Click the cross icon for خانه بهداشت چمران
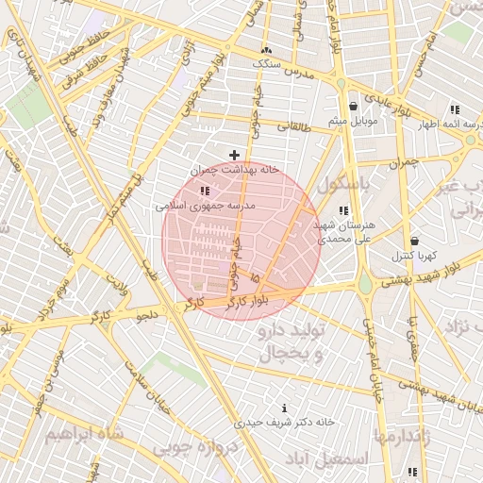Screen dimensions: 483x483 tap(234, 154)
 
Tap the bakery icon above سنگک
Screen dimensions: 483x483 tap(266, 49)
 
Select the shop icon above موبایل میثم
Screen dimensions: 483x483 tap(353, 106)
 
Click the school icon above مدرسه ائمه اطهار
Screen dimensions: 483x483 tap(455, 108)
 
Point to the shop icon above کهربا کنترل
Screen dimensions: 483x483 tap(414, 241)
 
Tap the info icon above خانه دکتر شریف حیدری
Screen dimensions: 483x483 tap(285, 408)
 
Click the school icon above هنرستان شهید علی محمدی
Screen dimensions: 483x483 tap(344, 210)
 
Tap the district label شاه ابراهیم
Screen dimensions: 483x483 tap(85, 434)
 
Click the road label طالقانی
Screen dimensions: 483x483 tap(292, 125)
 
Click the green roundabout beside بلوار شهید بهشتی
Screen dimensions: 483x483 tap(364, 282)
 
